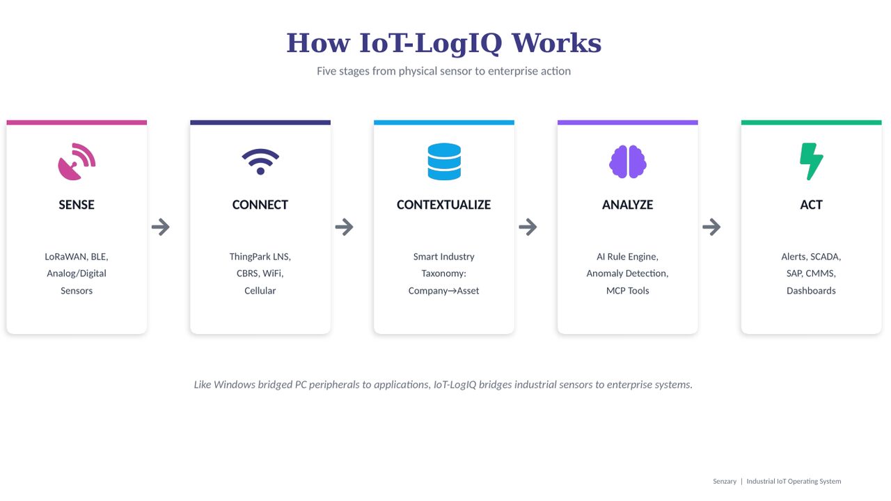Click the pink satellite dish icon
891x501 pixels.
point(77,161)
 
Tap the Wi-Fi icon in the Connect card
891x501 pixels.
point(260,161)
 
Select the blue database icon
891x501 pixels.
point(444,161)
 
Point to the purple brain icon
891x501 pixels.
point(628,161)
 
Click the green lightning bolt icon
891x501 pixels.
point(812,161)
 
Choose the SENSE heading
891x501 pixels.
point(77,205)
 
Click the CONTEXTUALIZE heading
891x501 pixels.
point(444,205)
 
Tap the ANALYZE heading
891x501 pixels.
point(628,205)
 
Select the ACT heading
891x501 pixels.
point(812,205)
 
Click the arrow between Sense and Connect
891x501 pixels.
point(161,227)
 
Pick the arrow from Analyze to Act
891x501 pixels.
point(711,227)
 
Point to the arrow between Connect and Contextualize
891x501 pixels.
point(345,227)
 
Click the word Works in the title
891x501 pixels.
point(556,43)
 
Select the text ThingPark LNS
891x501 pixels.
point(260,257)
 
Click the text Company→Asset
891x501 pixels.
point(444,291)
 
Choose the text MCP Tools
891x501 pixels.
point(628,291)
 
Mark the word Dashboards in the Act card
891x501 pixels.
point(812,291)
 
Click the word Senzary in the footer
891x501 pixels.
point(725,482)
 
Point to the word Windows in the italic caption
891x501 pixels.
point(235,385)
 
